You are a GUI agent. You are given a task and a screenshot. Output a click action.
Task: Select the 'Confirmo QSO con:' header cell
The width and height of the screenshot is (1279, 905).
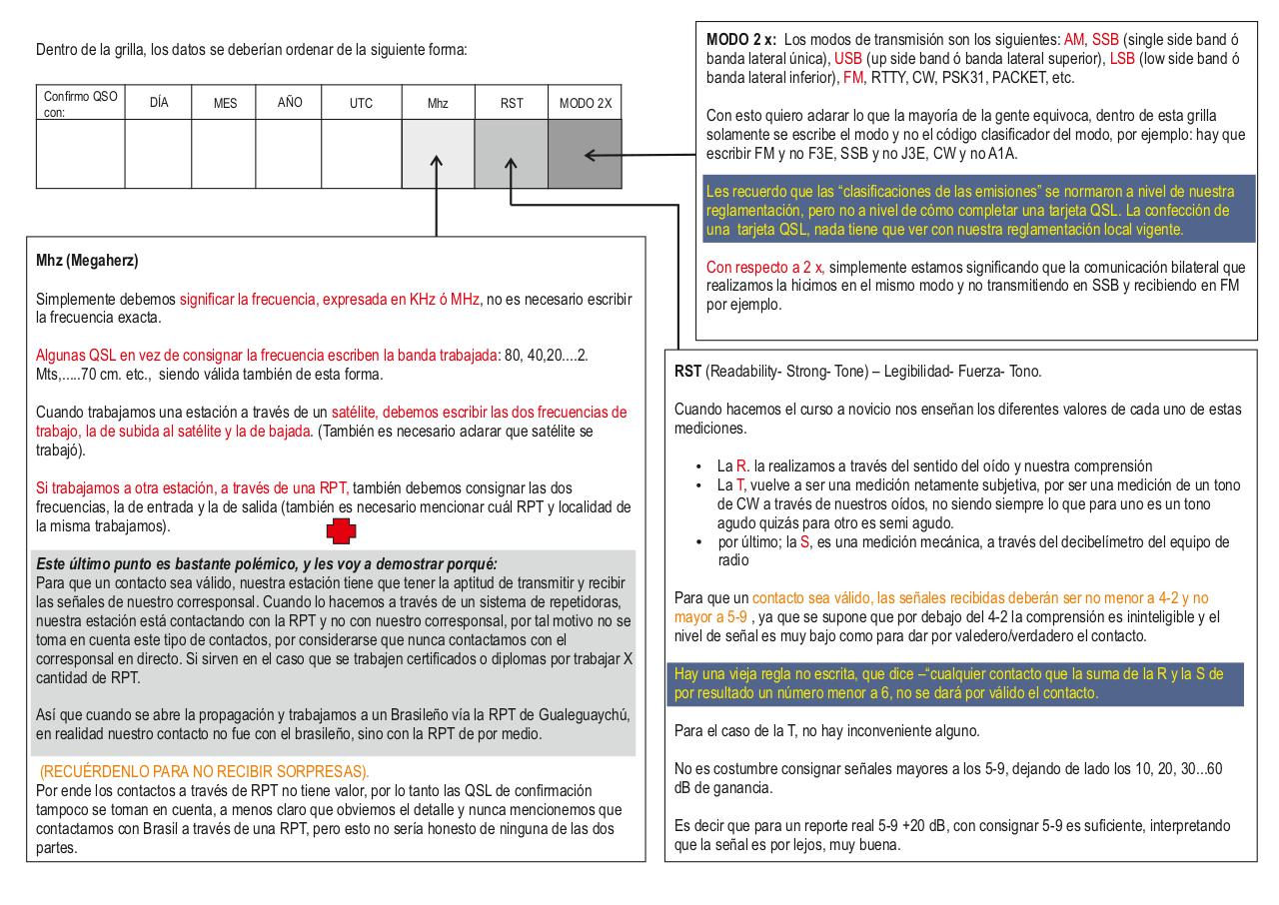(x=80, y=103)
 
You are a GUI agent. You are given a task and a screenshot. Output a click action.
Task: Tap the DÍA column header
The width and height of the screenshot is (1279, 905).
(x=158, y=102)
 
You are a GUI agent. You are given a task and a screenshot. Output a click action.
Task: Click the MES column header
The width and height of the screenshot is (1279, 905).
(x=225, y=103)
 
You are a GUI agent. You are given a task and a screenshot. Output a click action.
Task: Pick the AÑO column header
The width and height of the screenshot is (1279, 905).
(x=290, y=102)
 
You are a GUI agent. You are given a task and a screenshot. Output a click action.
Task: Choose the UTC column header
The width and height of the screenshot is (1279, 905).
(x=361, y=103)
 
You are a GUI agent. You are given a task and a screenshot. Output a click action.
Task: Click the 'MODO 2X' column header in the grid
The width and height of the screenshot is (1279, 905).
(x=585, y=103)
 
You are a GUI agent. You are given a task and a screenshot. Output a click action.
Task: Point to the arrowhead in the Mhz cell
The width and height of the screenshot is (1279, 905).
(x=437, y=160)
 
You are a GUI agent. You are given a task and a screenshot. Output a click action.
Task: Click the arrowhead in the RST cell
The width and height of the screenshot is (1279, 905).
(x=511, y=160)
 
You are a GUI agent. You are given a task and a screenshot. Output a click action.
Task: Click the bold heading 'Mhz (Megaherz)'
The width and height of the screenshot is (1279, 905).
(x=87, y=263)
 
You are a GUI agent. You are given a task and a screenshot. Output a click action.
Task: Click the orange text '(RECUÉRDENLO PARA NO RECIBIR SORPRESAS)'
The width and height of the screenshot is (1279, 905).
(x=204, y=771)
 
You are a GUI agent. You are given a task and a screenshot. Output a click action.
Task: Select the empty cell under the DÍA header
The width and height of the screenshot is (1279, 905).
(x=158, y=154)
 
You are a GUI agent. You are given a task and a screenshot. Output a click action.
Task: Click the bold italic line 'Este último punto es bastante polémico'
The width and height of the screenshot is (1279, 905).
(x=266, y=563)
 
